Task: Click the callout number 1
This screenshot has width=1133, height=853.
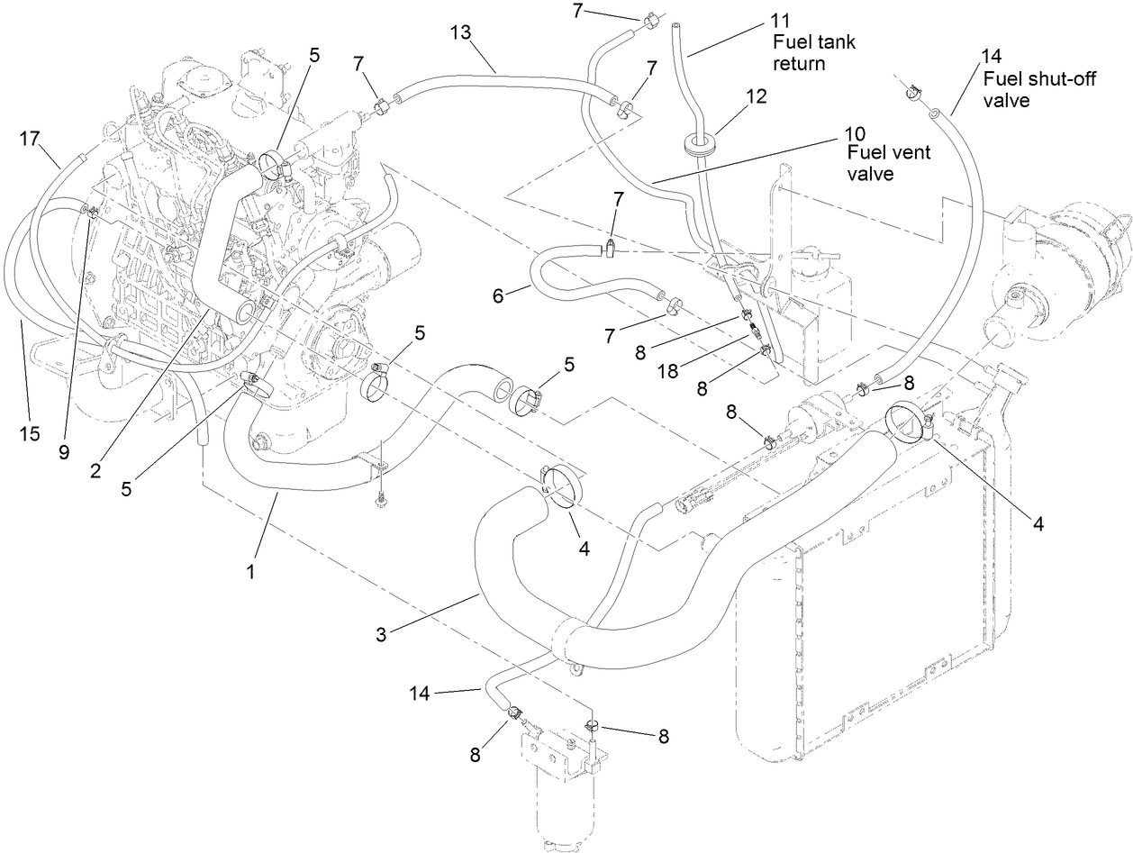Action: (252, 570)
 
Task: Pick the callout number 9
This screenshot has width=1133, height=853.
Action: (64, 453)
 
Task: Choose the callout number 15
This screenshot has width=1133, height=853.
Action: (30, 433)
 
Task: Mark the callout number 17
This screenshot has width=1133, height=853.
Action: (31, 139)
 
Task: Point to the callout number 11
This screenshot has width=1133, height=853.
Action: (782, 20)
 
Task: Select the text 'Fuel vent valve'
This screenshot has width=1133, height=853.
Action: (888, 163)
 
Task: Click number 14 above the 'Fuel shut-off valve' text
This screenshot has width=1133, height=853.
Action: (993, 57)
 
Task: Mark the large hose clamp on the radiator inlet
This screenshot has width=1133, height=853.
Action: (908, 422)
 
